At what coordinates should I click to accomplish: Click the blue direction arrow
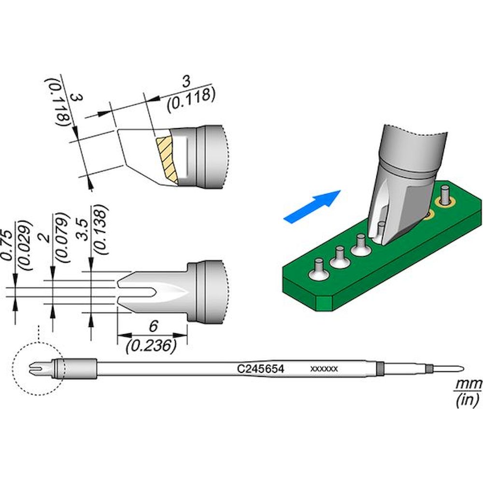[312, 206]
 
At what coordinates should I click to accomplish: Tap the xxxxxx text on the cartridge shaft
[323, 369]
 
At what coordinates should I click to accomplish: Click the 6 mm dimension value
[153, 327]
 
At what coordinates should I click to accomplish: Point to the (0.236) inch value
[150, 345]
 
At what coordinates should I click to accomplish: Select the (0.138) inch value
[100, 229]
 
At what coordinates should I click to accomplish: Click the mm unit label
[467, 384]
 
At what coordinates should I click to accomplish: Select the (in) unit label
[467, 400]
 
